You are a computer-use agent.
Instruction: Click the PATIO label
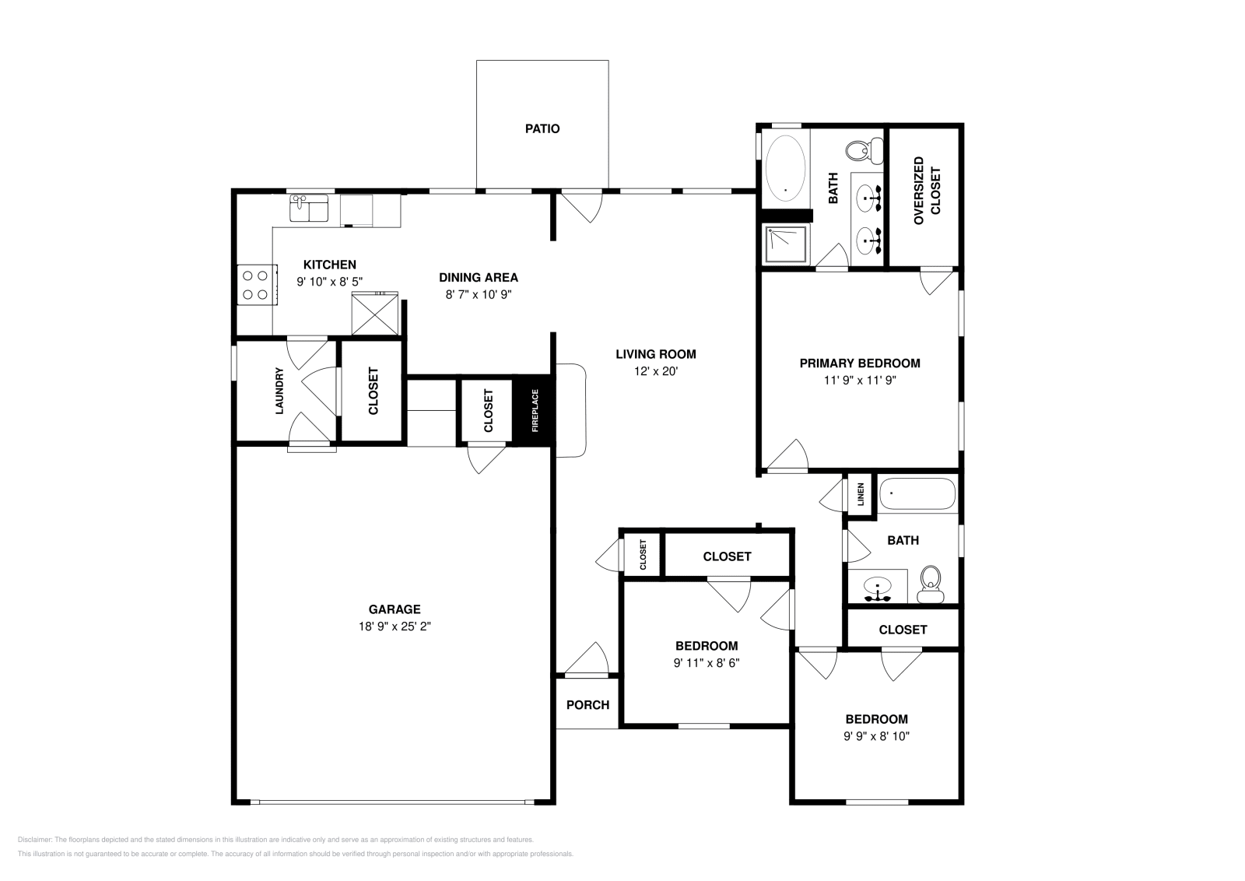click(x=542, y=128)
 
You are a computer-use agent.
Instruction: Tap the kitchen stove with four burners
click(x=254, y=284)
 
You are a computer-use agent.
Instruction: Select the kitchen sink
click(x=309, y=209)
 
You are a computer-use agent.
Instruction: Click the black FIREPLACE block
click(x=535, y=410)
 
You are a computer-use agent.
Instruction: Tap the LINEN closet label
click(x=861, y=494)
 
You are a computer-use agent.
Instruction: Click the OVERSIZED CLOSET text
click(x=928, y=191)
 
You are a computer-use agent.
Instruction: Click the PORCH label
click(x=587, y=704)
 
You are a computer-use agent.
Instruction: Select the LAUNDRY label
click(x=279, y=391)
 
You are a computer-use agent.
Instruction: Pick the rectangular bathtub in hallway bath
click(x=917, y=493)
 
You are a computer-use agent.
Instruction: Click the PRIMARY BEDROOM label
click(x=860, y=363)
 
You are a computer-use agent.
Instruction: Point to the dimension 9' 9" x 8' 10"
click(x=877, y=735)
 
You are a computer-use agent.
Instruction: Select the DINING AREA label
click(x=478, y=277)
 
